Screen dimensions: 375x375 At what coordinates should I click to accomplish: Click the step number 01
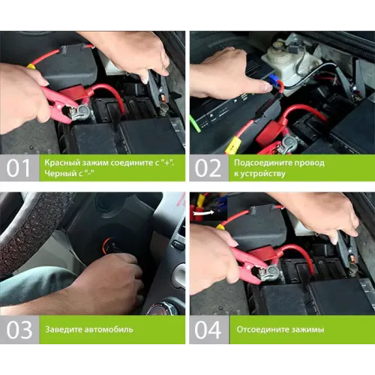coord(18,168)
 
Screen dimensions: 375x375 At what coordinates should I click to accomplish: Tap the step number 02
coord(208,168)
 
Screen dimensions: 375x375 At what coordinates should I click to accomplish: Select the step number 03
coord(19,330)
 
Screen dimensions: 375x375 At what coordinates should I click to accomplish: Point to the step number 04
coord(208,330)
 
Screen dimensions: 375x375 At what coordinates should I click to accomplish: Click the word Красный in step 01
coord(59,163)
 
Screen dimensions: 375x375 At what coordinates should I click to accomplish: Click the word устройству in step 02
coord(263,173)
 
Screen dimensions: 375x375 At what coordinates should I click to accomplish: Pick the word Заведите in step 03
coord(63,329)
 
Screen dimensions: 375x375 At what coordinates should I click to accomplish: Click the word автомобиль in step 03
coord(109,329)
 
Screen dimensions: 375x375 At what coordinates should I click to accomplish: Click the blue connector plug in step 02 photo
coord(274,79)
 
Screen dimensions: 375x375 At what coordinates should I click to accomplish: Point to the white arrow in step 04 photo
coord(203,213)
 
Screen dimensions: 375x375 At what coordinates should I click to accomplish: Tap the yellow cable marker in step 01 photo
coord(31,66)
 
